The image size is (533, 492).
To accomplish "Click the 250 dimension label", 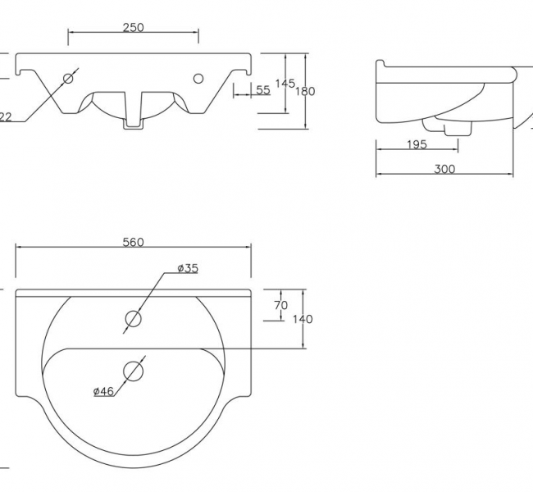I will coord(133,27).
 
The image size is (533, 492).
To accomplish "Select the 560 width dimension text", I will coord(133,242).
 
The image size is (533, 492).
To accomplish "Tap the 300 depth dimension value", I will coord(444,169).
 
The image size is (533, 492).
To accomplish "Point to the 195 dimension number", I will coord(417,145).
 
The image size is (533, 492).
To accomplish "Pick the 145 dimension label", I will coord(285,84).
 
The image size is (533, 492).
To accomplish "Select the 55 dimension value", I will coord(262,90).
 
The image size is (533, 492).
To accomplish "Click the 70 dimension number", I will coord(280,305).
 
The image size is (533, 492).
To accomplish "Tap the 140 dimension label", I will coord(302,319).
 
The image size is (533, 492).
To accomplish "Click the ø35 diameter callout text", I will coord(188,268).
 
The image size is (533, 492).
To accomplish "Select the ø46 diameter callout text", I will coord(102,391).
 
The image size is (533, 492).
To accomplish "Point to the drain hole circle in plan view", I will coord(134,371).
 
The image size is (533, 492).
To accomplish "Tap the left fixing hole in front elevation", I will coord(68,79).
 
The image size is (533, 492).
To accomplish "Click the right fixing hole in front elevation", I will coord(198,79).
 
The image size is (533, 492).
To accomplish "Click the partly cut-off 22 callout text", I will coord(5,117).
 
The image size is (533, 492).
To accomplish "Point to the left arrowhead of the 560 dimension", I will coord(19,247).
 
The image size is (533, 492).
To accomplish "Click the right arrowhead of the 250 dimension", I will coord(196,32).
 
